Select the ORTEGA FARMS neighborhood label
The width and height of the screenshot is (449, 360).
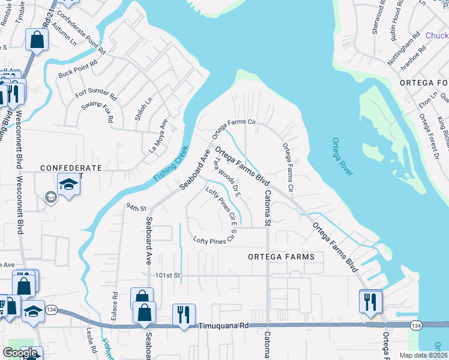tap(281, 257)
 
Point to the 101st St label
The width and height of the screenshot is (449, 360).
tap(168, 275)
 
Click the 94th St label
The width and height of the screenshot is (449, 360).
tap(136, 208)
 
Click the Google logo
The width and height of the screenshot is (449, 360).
tap(20, 353)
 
